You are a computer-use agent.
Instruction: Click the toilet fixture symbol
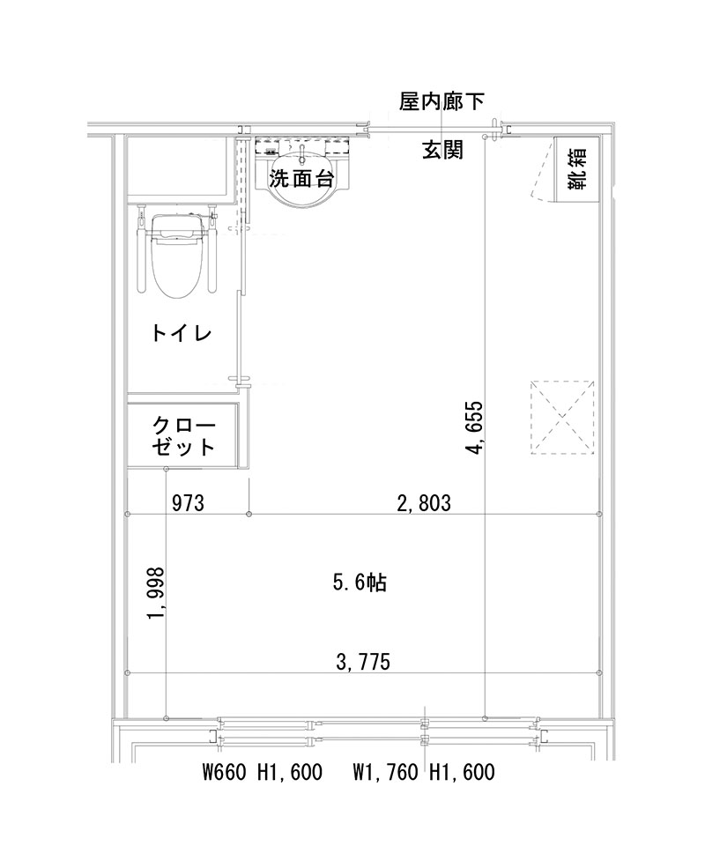click(175, 256)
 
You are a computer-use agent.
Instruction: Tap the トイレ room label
click(180, 333)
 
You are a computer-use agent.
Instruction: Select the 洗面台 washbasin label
click(301, 179)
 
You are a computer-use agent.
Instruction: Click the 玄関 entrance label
click(442, 149)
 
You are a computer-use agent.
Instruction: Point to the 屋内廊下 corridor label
click(442, 103)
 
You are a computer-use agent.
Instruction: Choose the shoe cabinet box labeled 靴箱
click(576, 169)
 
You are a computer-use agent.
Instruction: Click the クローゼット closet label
click(183, 434)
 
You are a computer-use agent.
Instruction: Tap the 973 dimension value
click(188, 503)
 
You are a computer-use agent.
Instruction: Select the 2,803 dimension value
click(424, 503)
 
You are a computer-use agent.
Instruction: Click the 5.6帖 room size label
click(360, 582)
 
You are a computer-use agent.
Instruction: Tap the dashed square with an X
click(562, 417)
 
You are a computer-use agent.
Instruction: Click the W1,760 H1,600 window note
click(424, 773)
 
